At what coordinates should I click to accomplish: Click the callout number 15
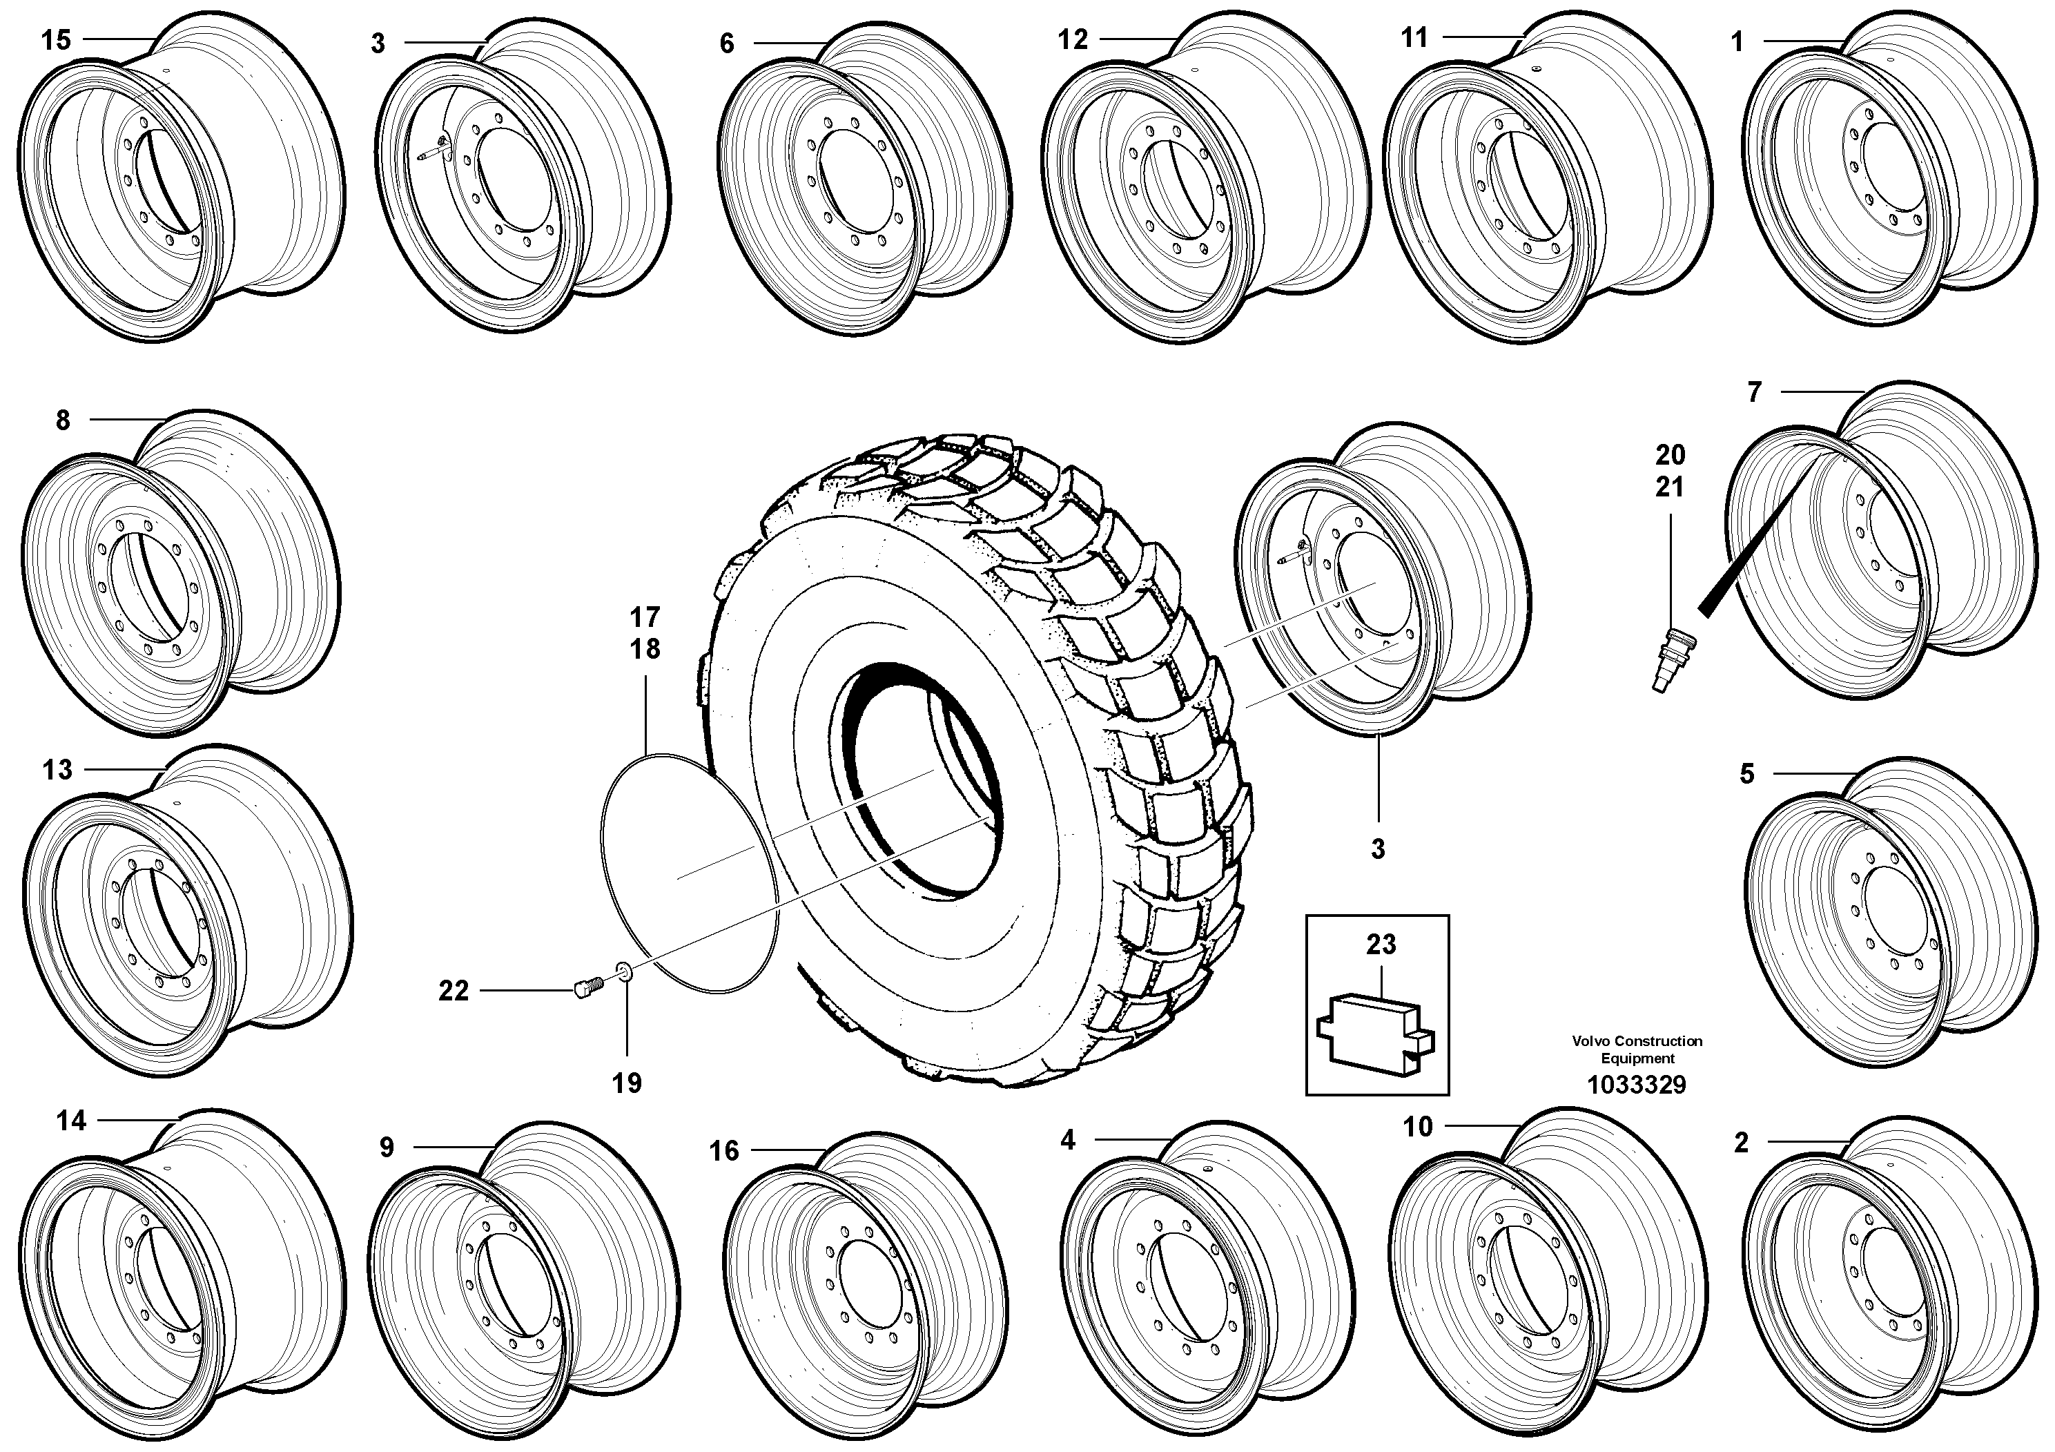tap(55, 40)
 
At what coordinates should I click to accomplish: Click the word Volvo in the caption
tap(1590, 1041)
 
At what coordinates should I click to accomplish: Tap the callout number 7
tap(1754, 392)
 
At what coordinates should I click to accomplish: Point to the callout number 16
tap(724, 1150)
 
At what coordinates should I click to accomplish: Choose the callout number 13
tap(57, 770)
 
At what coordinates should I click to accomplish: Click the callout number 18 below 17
tap(645, 649)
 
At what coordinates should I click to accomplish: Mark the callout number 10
tap(1418, 1126)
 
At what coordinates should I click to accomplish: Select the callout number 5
tap(1747, 773)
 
